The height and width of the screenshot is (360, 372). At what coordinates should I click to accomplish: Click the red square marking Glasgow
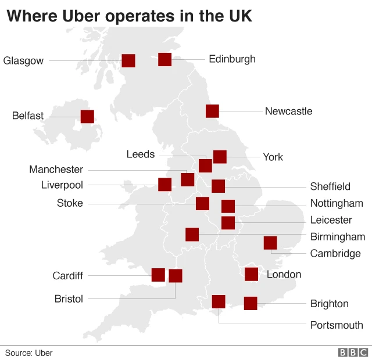click(128, 60)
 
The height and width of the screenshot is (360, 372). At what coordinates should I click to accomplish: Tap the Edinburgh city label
click(232, 59)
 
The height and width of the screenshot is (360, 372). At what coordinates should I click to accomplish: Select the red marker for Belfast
click(87, 116)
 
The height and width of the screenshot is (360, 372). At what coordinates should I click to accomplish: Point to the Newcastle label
click(288, 111)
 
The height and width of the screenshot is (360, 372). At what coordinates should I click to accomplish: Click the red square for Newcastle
click(212, 111)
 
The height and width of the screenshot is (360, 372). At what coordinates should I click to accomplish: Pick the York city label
click(273, 157)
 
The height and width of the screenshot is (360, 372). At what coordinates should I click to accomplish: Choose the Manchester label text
click(56, 170)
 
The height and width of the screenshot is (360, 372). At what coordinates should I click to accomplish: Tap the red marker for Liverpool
click(164, 185)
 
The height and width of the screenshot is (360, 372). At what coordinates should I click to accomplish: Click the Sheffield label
click(330, 186)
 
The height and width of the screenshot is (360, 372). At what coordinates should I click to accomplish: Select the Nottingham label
click(337, 203)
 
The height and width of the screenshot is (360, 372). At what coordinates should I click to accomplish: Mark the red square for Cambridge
click(270, 243)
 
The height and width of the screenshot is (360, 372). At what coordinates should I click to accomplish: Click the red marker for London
click(251, 274)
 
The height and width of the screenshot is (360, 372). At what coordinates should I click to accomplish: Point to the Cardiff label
click(67, 275)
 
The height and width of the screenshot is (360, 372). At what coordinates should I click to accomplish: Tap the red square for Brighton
click(251, 303)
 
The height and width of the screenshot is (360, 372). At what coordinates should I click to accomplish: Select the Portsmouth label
click(337, 325)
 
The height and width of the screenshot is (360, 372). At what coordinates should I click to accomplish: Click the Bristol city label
click(69, 299)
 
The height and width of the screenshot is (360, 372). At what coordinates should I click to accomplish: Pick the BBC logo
click(353, 352)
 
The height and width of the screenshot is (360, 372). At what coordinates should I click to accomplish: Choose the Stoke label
click(70, 203)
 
